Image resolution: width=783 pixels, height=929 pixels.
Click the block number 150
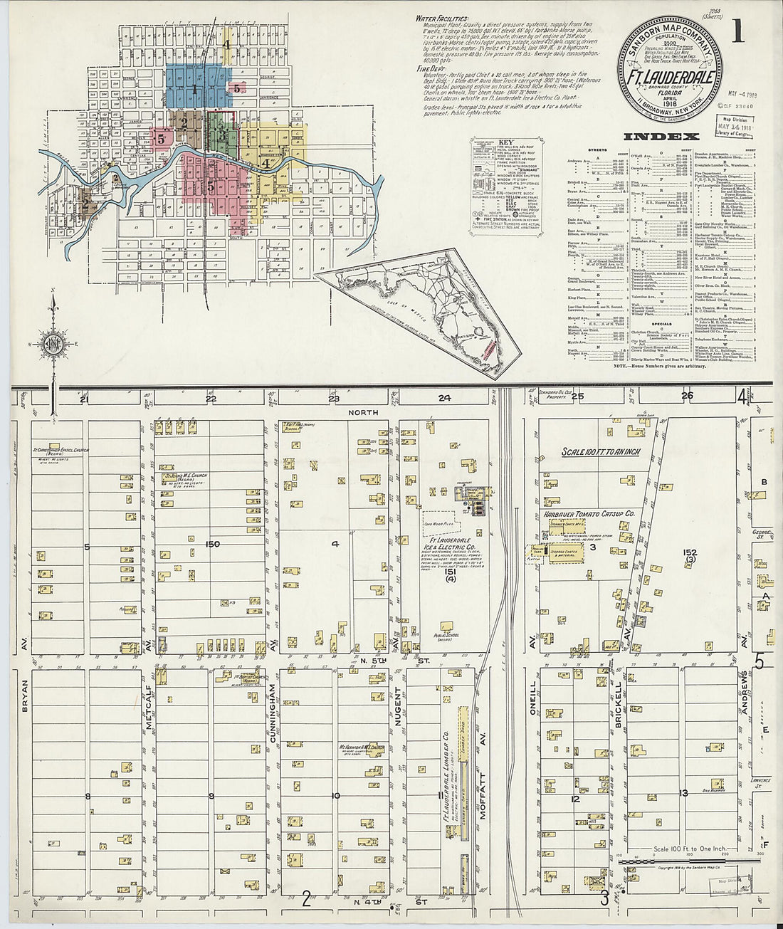tap(212, 545)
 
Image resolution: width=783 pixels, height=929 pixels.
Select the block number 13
tap(684, 793)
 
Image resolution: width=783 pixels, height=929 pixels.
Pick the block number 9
tap(211, 796)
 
